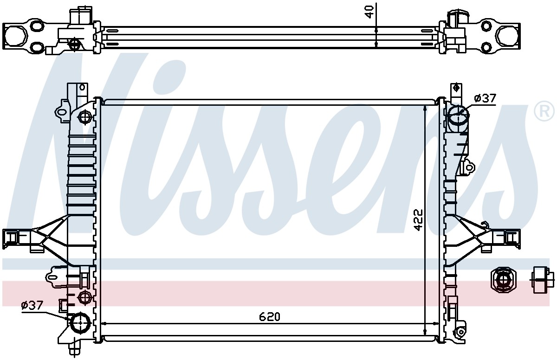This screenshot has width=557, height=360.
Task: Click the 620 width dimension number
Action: (x=270, y=316)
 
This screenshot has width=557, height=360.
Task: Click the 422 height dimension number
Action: (x=418, y=220)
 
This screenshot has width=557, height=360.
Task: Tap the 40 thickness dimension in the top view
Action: (x=369, y=12)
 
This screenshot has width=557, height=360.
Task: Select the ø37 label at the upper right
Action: (x=485, y=98)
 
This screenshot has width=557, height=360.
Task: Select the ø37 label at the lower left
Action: (x=32, y=305)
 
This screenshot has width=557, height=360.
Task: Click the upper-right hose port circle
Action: (x=458, y=115)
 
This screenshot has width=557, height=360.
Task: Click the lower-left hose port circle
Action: (x=80, y=322)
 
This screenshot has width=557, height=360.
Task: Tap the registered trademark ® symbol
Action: (x=544, y=111)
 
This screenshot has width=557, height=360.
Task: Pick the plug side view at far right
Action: (x=543, y=280)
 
